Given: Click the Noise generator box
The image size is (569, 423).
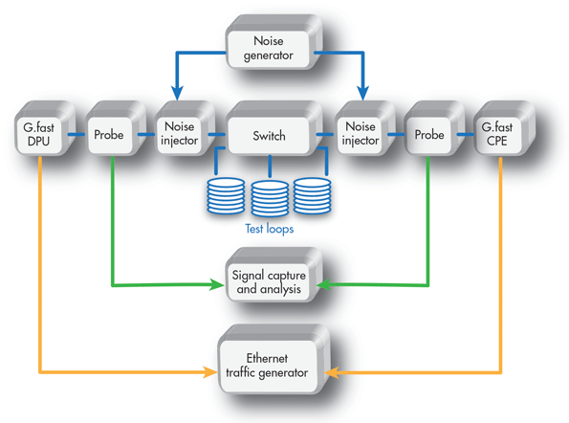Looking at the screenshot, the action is pos(274,42).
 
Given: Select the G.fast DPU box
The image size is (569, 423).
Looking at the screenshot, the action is pos(44,128).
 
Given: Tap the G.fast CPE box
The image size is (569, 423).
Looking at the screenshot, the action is pos(504,128).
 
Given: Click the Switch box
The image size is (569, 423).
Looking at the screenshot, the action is pos(274,128).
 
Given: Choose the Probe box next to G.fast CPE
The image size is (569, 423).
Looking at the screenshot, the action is pos(434,128).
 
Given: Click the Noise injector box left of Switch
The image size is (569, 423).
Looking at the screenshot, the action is pos(185,128).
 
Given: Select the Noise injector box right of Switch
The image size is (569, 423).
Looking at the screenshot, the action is pos(364,128).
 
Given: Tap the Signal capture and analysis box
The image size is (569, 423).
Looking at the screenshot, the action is pos(274,275).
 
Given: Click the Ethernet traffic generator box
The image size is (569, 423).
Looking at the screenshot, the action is pos(274,360).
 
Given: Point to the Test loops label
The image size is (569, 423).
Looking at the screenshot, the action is pos(270,229).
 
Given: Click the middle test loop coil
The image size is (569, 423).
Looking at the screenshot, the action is pos(270,198).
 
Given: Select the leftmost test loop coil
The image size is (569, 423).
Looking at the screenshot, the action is pos(226,195).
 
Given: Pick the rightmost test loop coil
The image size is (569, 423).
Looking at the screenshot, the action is pos(312,195).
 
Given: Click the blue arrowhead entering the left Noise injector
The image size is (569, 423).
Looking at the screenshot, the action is pos(177,93).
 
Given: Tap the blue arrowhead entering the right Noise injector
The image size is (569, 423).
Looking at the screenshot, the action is pos(362,93).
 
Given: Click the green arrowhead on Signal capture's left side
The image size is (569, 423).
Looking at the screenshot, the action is pos(218,284).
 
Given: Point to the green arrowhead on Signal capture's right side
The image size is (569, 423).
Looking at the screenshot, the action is pos(324,285).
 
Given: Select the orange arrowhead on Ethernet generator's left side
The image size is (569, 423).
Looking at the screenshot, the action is pos(210,372).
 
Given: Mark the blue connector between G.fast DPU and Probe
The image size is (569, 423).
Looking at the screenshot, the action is pos(77,135).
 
